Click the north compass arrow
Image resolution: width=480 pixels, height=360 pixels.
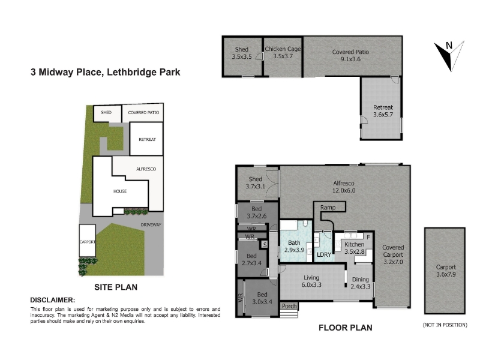point(449,56)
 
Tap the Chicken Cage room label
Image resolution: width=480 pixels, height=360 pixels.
point(283,52)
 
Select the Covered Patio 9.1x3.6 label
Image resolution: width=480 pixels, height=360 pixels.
point(350,55)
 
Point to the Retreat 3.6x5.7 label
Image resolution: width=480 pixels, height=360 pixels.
point(383,111)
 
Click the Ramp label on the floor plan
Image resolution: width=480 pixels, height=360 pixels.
point(328,207)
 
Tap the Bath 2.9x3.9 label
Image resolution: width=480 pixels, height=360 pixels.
point(294,246)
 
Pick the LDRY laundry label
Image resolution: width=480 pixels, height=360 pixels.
point(324,254)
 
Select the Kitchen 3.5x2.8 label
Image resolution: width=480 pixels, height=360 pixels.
point(355,248)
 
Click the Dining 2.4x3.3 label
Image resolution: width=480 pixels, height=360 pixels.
point(361,283)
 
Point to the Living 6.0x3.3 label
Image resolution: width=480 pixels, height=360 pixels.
point(311,281)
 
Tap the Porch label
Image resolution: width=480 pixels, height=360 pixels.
point(289,306)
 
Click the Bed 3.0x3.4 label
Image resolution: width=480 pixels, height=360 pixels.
point(262,298)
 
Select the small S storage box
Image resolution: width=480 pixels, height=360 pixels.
point(265,245)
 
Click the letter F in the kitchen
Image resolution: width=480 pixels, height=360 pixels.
point(368,237)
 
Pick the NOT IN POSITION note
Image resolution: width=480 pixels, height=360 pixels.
point(445,325)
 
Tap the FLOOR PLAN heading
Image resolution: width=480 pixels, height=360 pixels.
point(346,328)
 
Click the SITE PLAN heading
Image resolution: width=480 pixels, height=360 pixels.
point(116,287)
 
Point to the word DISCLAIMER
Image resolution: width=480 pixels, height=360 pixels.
point(52,300)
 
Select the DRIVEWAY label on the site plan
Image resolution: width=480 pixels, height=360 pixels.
point(151,224)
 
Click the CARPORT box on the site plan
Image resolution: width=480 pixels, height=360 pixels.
point(88,241)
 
